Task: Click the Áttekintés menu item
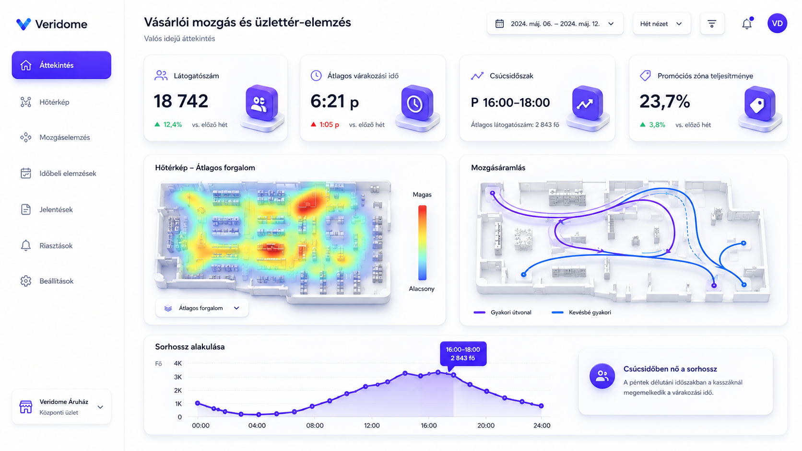pyautogui.click(x=61, y=65)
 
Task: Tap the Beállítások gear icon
pyautogui.click(x=26, y=281)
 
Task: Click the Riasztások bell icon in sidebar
pyautogui.click(x=26, y=245)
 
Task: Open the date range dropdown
pyautogui.click(x=555, y=23)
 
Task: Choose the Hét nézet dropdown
pyautogui.click(x=661, y=23)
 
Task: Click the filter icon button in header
pyautogui.click(x=712, y=23)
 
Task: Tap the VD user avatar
pyautogui.click(x=777, y=23)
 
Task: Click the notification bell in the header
pyautogui.click(x=747, y=23)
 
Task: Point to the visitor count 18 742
pyautogui.click(x=181, y=101)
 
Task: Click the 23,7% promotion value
pyautogui.click(x=664, y=101)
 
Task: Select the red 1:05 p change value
pyautogui.click(x=330, y=125)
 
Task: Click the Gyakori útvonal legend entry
pyautogui.click(x=502, y=312)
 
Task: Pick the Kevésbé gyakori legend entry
pyautogui.click(x=581, y=312)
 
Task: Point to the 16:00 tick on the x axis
pyautogui.click(x=428, y=425)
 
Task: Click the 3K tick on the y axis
pyautogui.click(x=178, y=377)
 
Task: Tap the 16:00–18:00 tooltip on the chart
pyautogui.click(x=463, y=354)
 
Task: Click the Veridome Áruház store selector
pyautogui.click(x=61, y=406)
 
